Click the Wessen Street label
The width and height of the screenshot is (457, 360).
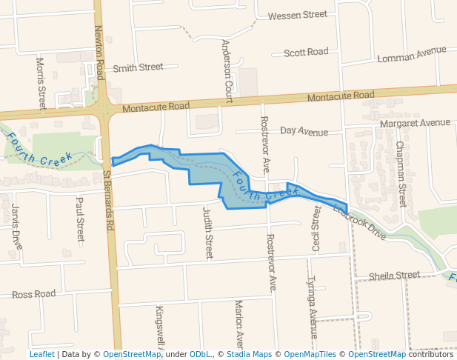(x=297, y=15)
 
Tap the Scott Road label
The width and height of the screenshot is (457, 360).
(x=306, y=53)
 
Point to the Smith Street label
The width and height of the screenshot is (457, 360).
(x=138, y=67)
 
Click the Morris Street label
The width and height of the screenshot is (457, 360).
(x=41, y=82)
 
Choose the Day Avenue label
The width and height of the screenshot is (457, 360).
(x=304, y=132)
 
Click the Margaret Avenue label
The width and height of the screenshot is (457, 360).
(x=415, y=122)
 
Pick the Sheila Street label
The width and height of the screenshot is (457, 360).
(x=395, y=276)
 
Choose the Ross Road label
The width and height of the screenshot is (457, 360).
(x=34, y=294)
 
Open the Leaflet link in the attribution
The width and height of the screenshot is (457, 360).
(x=41, y=354)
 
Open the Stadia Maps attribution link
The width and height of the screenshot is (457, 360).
(x=246, y=354)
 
